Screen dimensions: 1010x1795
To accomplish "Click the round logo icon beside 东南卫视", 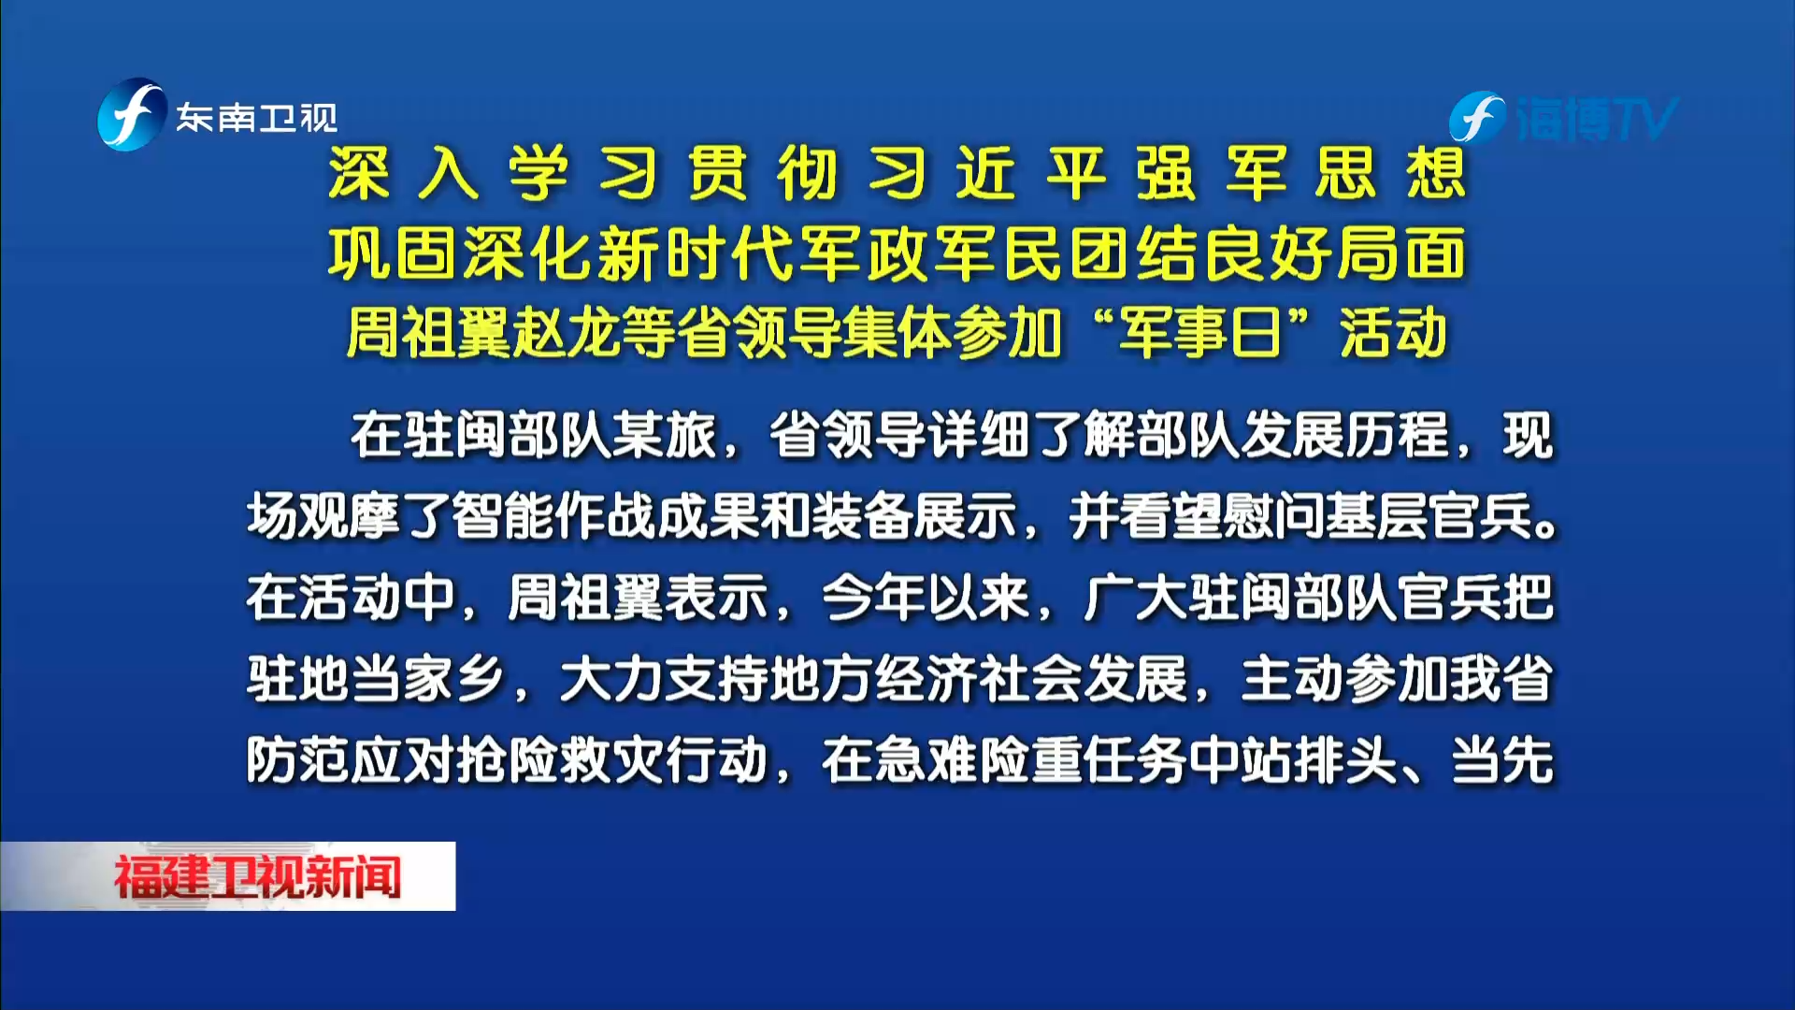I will tap(132, 115).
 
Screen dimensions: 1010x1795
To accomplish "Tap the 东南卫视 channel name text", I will tap(257, 118).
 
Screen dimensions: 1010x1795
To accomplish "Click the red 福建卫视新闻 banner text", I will tap(257, 877).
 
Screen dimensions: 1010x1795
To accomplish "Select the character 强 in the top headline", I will tap(1166, 174).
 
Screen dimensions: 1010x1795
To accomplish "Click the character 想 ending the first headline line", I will tap(1436, 174).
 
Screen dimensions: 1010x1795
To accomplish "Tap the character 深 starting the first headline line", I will tap(359, 174).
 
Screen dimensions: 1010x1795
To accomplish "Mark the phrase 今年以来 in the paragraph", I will tap(926, 598).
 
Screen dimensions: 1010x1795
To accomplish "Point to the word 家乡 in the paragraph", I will tap(453, 679).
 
